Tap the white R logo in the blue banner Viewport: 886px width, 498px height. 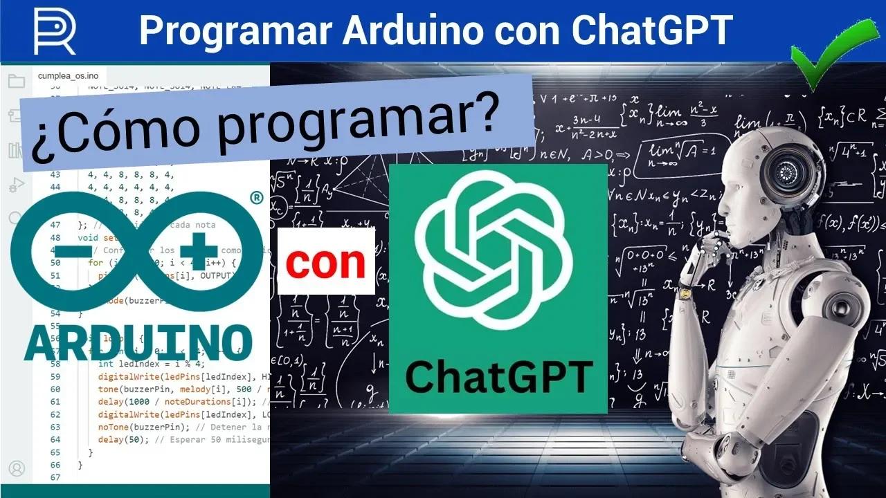pos(54,30)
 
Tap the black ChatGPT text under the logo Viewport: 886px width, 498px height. pos(498,377)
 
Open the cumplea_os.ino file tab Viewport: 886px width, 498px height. pos(63,75)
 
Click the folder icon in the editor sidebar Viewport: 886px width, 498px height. pos(16,82)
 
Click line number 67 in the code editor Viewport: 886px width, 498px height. pos(55,478)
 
